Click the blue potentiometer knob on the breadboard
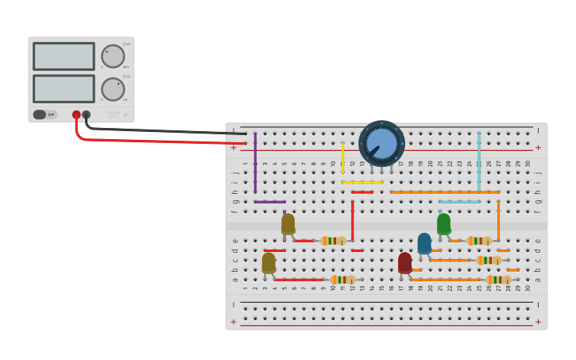click(381, 143)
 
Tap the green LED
click(443, 223)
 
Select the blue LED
click(424, 243)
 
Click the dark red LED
click(405, 262)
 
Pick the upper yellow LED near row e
click(288, 223)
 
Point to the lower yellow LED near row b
click(269, 262)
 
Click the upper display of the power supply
click(64, 56)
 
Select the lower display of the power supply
click(64, 87)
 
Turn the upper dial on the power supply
click(113, 56)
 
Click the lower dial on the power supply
click(113, 89)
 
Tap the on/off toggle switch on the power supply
click(44, 114)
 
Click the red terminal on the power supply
click(76, 114)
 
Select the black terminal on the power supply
click(86, 114)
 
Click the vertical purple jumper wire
click(255, 163)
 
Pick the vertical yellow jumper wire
click(342, 157)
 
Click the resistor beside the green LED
click(479, 241)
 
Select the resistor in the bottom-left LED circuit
click(343, 280)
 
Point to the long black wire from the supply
click(159, 130)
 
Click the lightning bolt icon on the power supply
click(126, 114)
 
